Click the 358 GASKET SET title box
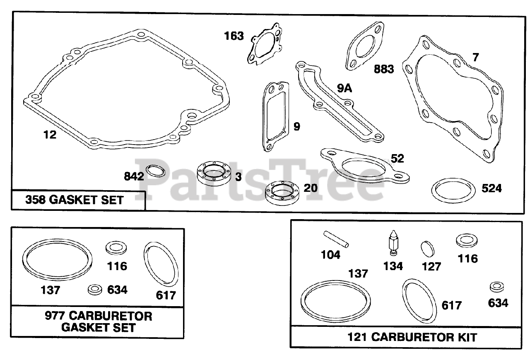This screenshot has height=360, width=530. (x=75, y=201)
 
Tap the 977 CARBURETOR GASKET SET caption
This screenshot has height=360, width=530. (x=98, y=322)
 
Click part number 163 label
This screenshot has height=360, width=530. (x=234, y=36)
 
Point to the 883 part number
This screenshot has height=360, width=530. (x=384, y=69)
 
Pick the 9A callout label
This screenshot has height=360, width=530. (x=344, y=88)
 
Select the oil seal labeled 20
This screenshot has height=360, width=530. (x=280, y=192)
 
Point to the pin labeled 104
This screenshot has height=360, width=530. (x=336, y=239)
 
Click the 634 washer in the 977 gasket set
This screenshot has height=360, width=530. (x=96, y=290)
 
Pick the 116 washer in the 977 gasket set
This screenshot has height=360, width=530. (x=116, y=248)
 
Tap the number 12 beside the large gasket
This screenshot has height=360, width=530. (x=50, y=135)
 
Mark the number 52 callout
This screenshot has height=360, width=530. (x=397, y=159)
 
